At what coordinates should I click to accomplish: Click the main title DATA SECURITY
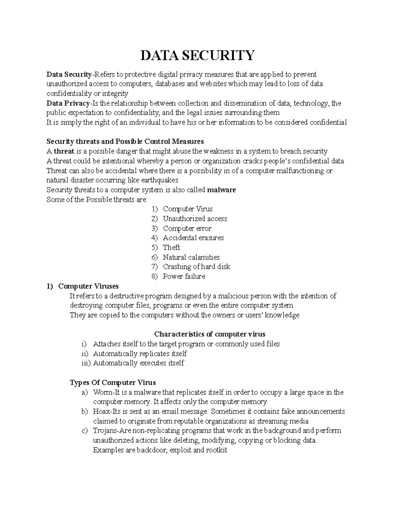tap(198, 55)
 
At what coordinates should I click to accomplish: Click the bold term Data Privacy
tap(68, 104)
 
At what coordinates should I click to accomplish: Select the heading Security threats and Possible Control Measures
tap(125, 142)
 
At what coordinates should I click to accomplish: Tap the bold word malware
tap(221, 190)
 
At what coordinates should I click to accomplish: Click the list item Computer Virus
tap(187, 209)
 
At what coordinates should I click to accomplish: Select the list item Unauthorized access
tap(195, 219)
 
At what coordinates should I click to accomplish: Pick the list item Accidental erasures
tap(193, 238)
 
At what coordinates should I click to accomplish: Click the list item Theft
tap(171, 247)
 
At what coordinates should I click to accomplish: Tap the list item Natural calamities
tap(191, 257)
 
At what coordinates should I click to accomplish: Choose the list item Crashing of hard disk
tap(196, 267)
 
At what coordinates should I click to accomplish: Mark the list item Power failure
tap(184, 276)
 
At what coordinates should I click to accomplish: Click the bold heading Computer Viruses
tap(88, 286)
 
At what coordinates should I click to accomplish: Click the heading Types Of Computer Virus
tap(113, 382)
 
